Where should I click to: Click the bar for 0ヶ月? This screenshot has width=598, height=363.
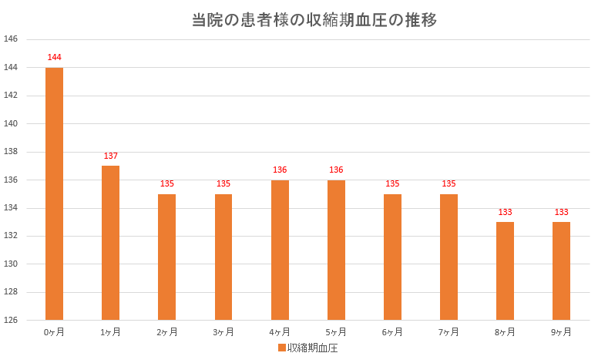54,193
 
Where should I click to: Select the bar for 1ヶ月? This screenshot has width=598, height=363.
110,243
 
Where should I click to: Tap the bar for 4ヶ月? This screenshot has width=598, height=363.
280,250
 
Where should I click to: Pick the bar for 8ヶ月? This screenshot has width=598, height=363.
505,271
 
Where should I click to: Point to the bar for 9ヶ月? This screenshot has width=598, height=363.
561,271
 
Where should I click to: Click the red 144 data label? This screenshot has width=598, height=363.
54,58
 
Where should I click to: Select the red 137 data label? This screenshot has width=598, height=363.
110,156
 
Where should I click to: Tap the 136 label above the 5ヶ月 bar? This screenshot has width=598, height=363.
336,170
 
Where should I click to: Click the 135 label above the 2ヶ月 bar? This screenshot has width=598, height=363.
167,184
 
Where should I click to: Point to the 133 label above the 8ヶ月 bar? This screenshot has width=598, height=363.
505,212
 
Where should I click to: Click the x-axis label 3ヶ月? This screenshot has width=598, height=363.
223,332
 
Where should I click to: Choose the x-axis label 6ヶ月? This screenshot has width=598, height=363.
392,332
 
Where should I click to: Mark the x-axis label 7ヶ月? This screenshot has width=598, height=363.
448,332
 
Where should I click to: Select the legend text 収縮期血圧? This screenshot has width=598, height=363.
311,348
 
